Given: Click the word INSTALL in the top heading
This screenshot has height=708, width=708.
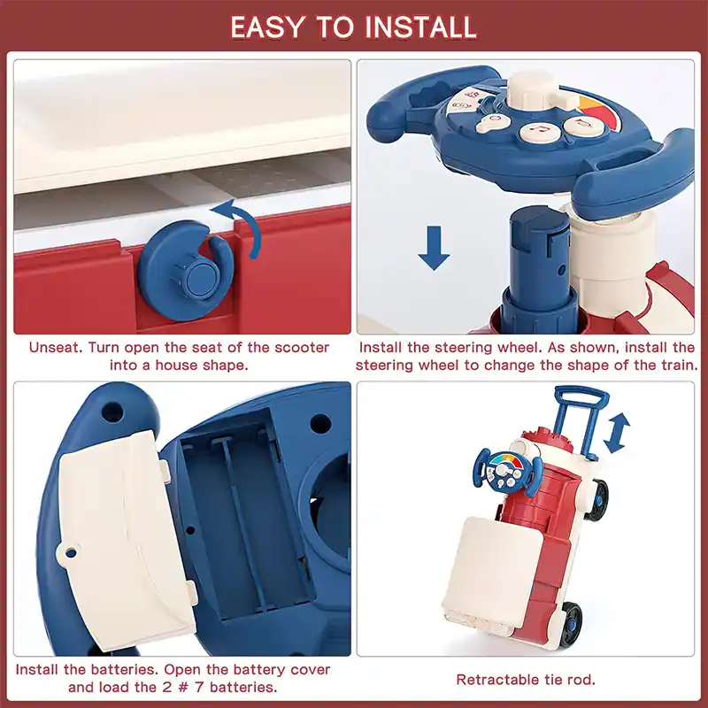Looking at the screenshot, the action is point(421,27).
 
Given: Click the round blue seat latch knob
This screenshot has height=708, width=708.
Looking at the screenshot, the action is point(186,271).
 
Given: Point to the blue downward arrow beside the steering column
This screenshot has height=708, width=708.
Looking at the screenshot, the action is point(434,248).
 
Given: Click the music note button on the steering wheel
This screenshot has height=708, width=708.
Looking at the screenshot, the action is point(540,131).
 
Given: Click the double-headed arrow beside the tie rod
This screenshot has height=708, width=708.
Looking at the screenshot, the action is point(616,432).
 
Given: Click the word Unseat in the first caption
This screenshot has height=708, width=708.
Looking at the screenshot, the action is point(56,348).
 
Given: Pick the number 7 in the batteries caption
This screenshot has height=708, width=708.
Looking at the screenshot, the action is point(199,688).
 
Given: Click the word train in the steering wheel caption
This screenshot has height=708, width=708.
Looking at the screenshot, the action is point(679,366).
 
